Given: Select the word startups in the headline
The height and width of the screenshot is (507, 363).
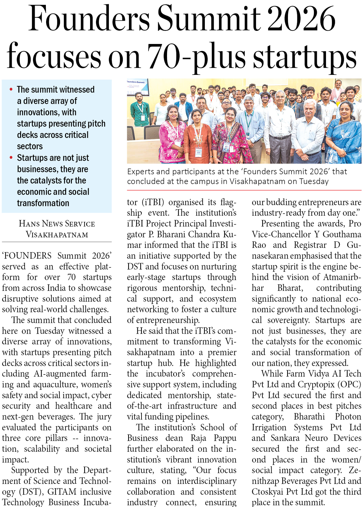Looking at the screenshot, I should pyautogui.click(x=305, y=56).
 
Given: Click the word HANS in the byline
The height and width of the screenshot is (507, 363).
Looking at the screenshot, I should pyautogui.click(x=29, y=224).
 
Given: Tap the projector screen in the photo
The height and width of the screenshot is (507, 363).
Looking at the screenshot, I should pyautogui.click(x=138, y=87).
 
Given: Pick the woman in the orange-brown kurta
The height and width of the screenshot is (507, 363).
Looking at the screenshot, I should pyautogui.click(x=198, y=137).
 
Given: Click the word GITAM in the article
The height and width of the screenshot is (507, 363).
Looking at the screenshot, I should pyautogui.click(x=62, y=491).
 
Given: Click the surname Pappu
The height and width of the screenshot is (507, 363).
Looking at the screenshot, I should pyautogui.click(x=225, y=438).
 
